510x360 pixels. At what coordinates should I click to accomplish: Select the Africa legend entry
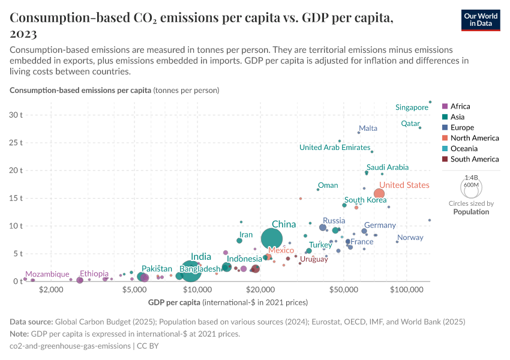click(460, 106)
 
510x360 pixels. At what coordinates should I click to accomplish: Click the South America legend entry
click(474, 159)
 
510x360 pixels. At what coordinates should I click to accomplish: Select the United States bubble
click(379, 193)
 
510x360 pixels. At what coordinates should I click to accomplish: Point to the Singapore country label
click(412, 107)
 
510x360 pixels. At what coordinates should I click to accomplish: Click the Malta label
click(368, 128)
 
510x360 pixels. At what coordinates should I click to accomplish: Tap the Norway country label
click(410, 238)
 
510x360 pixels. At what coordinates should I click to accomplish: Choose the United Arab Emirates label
click(334, 148)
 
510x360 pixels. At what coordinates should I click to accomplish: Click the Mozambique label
click(47, 274)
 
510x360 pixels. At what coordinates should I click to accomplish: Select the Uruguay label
click(314, 259)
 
